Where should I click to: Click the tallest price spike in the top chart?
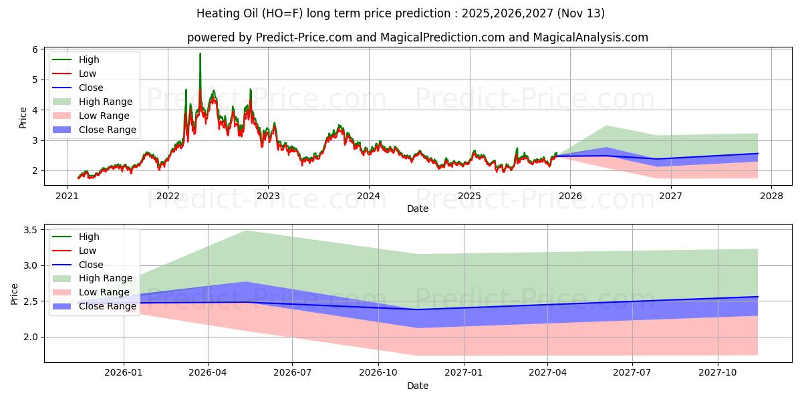[200, 54]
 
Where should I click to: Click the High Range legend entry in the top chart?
[106, 102]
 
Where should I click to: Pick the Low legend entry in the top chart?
[88, 74]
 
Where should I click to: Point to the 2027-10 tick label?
[718, 373]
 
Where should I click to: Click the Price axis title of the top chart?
[23, 118]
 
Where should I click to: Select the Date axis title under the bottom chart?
[418, 386]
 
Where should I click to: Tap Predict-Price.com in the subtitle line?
[305, 37]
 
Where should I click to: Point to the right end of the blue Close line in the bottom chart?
[758, 297]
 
